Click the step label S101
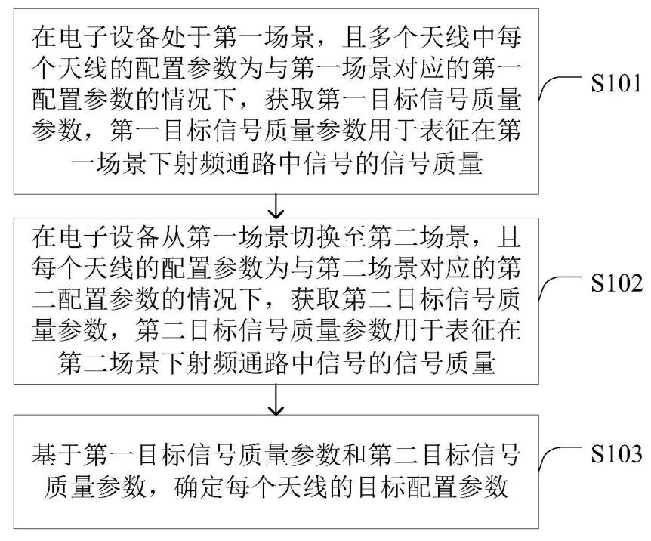616,84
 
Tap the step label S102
616,284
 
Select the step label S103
616,454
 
